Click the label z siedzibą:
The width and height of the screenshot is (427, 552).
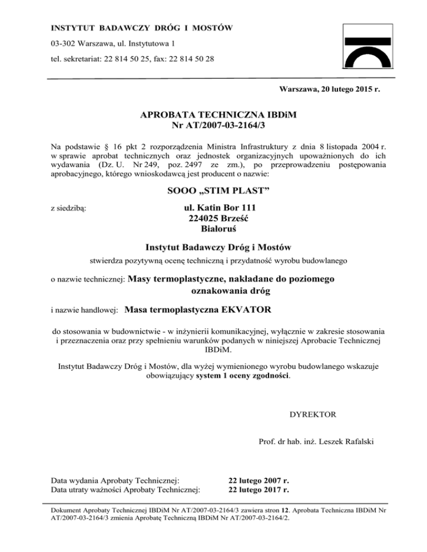pos(67,209)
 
